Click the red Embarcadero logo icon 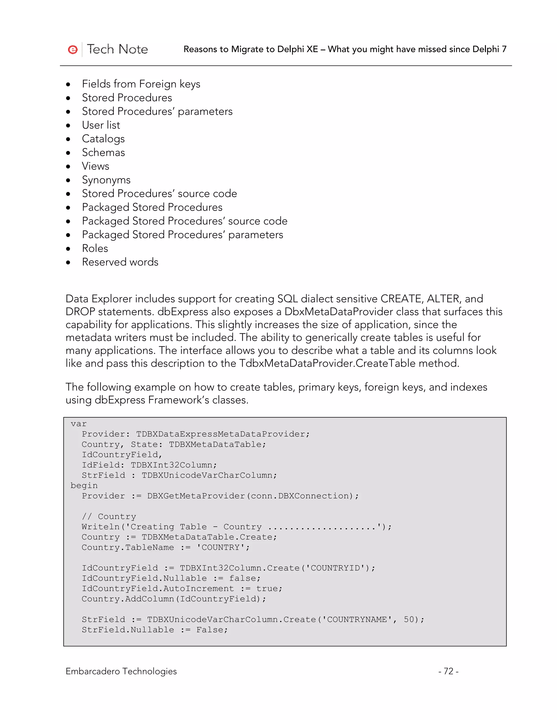[x=73, y=49]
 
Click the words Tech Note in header [x=117, y=49]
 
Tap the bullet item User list [x=101, y=125]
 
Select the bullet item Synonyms [x=106, y=180]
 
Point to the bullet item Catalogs [x=103, y=139]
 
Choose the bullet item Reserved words [x=120, y=262]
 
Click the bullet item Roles [x=95, y=248]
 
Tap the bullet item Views [x=95, y=166]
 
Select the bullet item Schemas [x=103, y=153]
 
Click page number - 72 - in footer [x=448, y=671]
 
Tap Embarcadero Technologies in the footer [x=121, y=671]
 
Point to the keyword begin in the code [x=84, y=486]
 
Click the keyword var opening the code [x=79, y=424]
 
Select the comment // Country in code [x=109, y=516]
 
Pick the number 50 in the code [x=409, y=619]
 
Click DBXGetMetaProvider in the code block [x=196, y=496]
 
